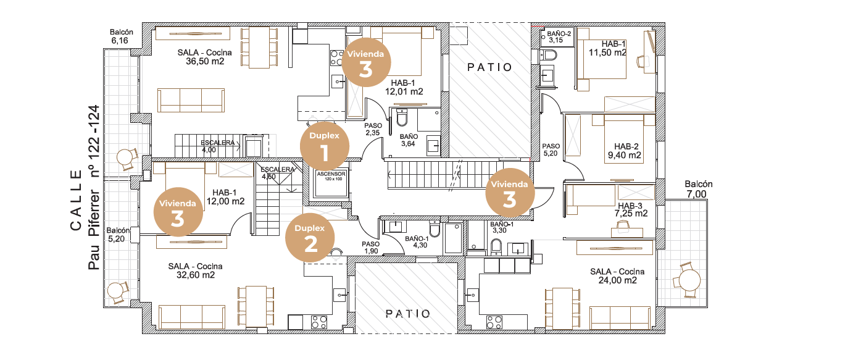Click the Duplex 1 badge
[325, 146]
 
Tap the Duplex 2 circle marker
[310, 238]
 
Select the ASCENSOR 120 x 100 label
[331, 176]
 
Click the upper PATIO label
[489, 67]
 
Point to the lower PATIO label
[408, 314]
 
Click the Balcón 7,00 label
[699, 190]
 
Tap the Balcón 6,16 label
[121, 36]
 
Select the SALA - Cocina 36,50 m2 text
[204, 57]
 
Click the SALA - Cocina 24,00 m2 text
[617, 276]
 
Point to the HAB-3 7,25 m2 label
[631, 210]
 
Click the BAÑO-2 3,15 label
[559, 37]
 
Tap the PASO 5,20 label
[551, 149]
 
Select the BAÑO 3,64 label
[409, 140]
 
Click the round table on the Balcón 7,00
[688, 280]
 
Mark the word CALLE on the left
[76, 201]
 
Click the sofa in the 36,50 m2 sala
[191, 100]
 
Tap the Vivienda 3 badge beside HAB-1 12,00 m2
[178, 212]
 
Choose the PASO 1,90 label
[371, 247]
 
